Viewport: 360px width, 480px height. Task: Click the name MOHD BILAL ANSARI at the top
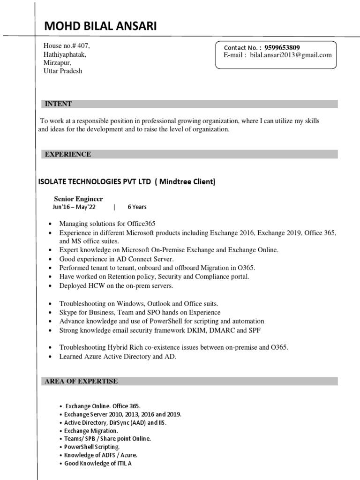(x=100, y=27)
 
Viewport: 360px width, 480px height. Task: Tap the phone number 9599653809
(x=282, y=47)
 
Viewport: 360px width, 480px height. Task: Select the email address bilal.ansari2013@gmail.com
(x=291, y=55)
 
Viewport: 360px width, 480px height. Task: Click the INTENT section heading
(x=58, y=104)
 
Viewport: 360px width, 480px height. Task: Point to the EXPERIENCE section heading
(x=67, y=154)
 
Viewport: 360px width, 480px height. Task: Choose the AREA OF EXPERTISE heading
(x=81, y=381)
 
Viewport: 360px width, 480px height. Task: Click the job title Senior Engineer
(x=78, y=199)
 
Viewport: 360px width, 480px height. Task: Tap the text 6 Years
(x=137, y=207)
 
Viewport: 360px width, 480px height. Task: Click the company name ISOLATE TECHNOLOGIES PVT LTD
(x=94, y=182)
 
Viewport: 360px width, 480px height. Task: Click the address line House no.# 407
(x=67, y=46)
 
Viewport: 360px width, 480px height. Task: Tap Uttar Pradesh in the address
(x=63, y=71)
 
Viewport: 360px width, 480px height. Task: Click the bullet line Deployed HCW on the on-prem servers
(x=116, y=285)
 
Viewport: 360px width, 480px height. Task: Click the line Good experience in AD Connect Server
(x=116, y=259)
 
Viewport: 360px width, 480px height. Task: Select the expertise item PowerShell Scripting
(x=89, y=447)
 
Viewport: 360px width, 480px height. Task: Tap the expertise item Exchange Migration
(x=91, y=430)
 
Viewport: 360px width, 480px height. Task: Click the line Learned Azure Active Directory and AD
(x=118, y=356)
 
